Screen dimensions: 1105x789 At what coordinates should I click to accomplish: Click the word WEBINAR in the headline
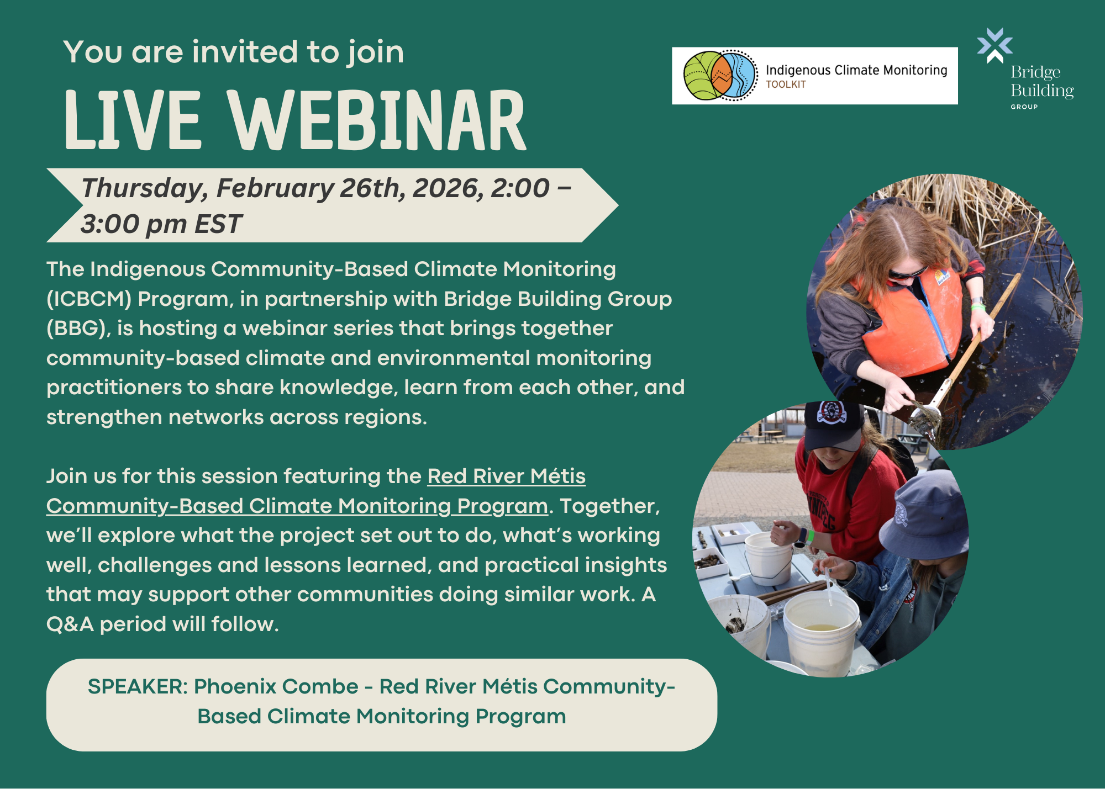(x=378, y=120)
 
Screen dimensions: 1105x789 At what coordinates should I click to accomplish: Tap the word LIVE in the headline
(x=133, y=120)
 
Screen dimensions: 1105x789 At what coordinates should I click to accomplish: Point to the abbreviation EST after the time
(x=218, y=224)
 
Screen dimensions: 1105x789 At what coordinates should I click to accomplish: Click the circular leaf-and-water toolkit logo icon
(x=720, y=76)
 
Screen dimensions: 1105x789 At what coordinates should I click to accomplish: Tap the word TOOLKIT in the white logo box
(x=786, y=84)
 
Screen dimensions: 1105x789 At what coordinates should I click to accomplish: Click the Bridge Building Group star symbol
(x=994, y=45)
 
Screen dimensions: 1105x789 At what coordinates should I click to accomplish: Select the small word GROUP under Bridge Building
(x=1024, y=107)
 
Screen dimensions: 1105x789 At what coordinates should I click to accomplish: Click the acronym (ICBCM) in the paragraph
(x=89, y=299)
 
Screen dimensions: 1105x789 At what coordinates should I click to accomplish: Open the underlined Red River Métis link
(x=316, y=491)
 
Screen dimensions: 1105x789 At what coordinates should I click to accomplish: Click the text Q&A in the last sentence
(x=70, y=624)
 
